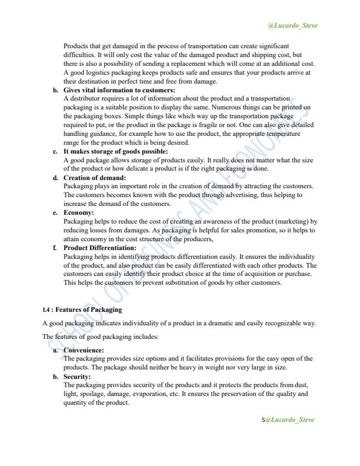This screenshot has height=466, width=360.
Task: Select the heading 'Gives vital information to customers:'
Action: point(119,90)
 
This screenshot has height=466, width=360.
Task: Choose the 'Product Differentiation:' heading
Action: point(99,248)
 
